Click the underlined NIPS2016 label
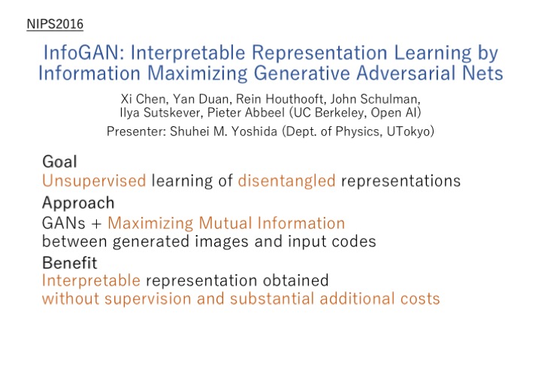coord(55,24)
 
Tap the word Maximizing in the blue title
coord(198,74)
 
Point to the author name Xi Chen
coord(144,99)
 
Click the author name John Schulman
coord(375,99)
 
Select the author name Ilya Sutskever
coord(160,113)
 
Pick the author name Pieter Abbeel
coord(246,113)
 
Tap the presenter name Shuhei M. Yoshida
coord(224,131)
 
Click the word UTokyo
coord(409,131)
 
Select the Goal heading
coord(59,161)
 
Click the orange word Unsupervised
coord(94,181)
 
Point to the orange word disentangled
coord(287,181)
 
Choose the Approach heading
coord(78,203)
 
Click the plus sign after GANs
coord(97,224)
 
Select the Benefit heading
coord(70,263)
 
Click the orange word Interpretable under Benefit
coord(91,281)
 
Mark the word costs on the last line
coord(420,299)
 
